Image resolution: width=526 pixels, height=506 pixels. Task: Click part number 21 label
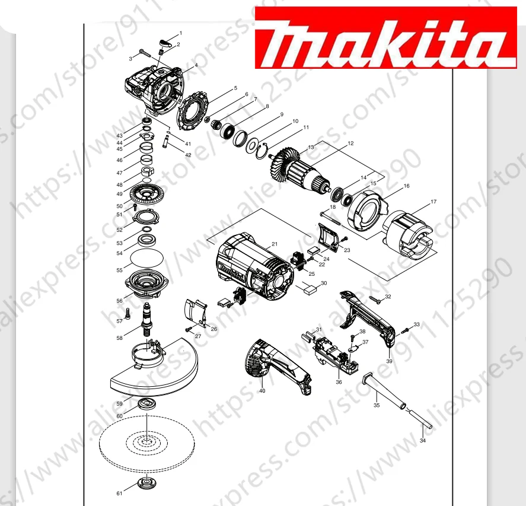point(275,244)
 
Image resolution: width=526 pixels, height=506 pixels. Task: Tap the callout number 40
point(262,391)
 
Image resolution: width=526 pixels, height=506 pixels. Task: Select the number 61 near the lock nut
point(119,493)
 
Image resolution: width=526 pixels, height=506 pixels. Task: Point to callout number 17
point(433,202)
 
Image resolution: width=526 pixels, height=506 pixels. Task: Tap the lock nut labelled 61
point(146,482)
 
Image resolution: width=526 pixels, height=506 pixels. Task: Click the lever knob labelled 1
point(166,41)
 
